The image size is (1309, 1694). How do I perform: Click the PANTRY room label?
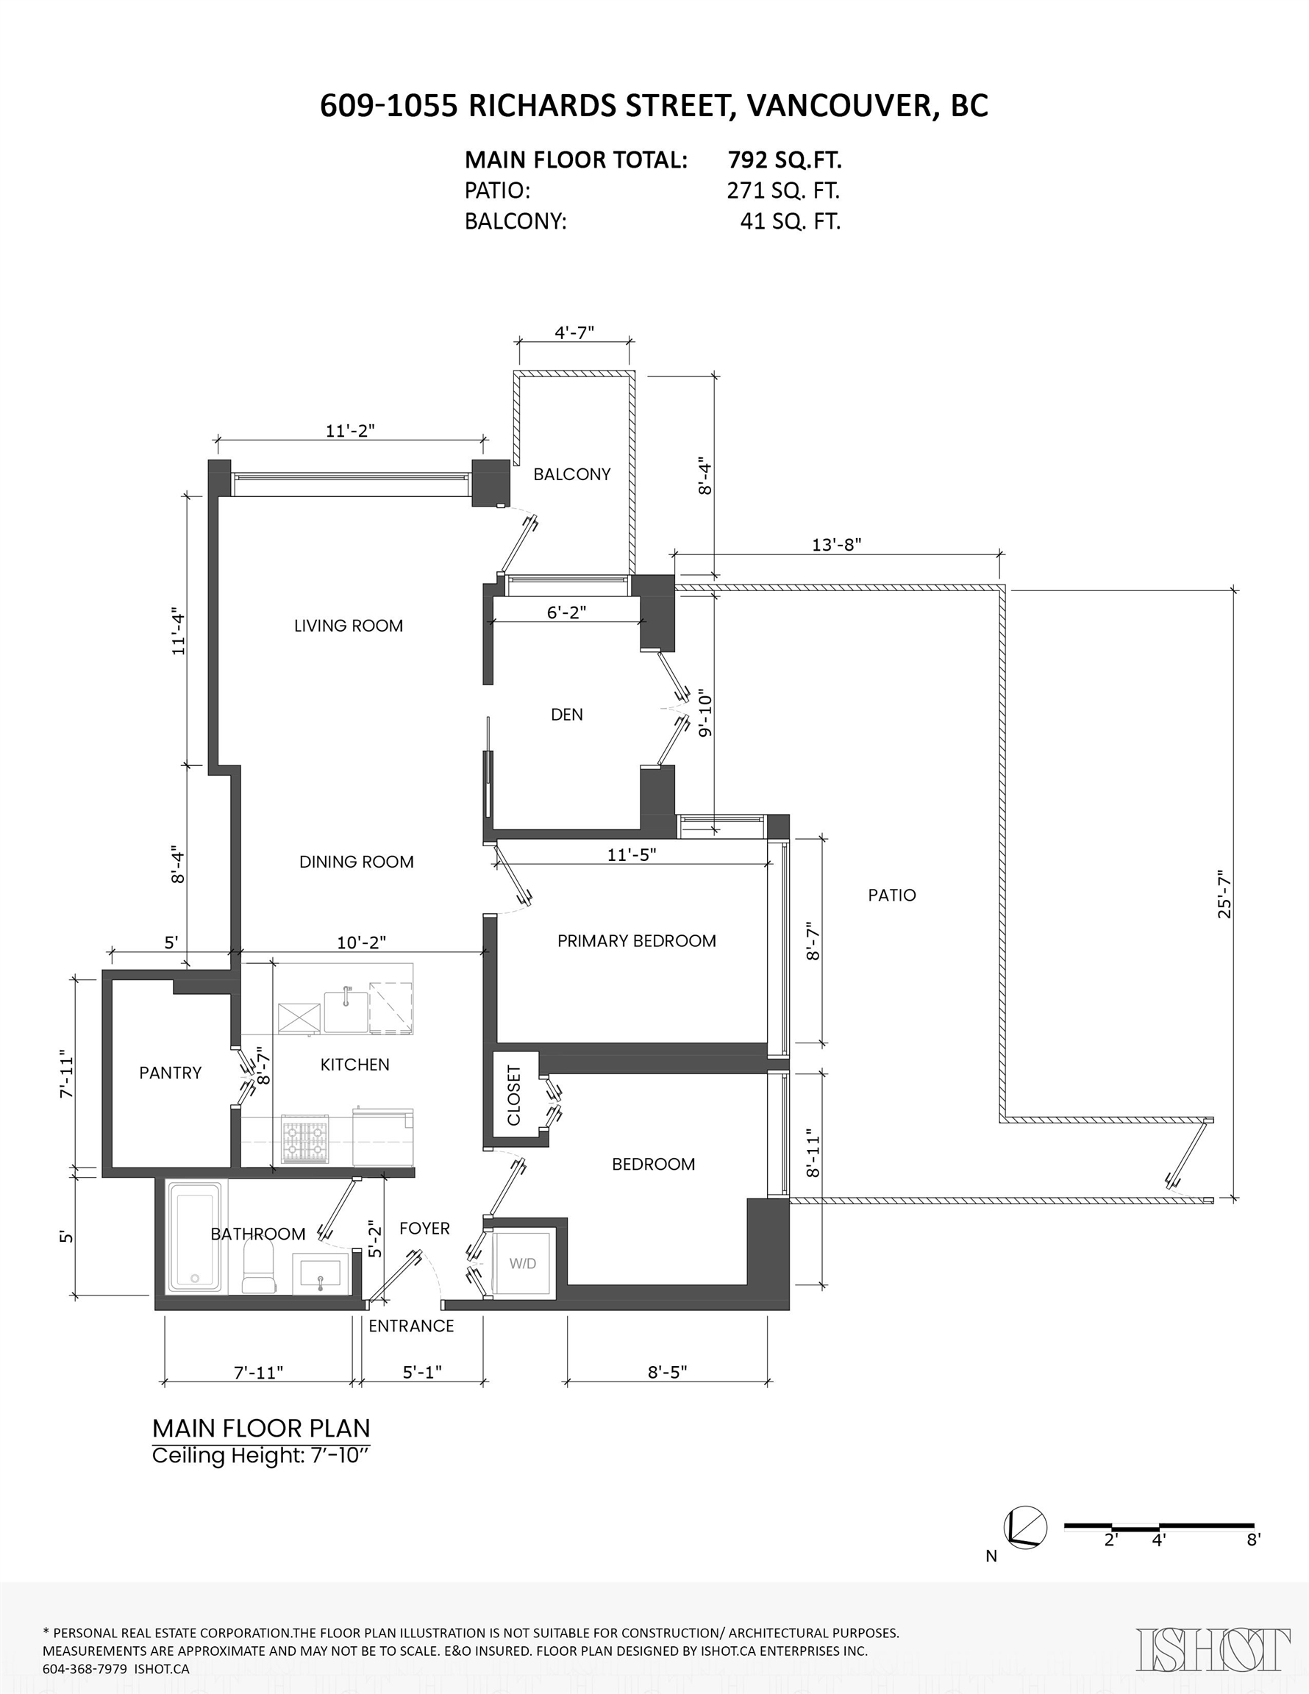pyautogui.click(x=170, y=1073)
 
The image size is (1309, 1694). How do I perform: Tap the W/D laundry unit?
pyautogui.click(x=522, y=1264)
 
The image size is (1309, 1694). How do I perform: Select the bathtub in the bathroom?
pyautogui.click(x=195, y=1237)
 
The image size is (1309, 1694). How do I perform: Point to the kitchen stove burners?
pyautogui.click(x=305, y=1140)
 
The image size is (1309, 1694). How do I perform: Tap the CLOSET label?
pyautogui.click(x=513, y=1096)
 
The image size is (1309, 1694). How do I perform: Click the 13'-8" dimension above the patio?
pyautogui.click(x=836, y=545)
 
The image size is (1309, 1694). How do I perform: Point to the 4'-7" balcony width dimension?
pyautogui.click(x=574, y=332)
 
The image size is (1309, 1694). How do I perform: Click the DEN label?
pyautogui.click(x=566, y=715)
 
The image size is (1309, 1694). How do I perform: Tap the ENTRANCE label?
pyautogui.click(x=411, y=1326)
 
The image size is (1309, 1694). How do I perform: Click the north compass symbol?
pyautogui.click(x=1025, y=1528)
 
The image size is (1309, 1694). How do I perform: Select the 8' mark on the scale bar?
pyautogui.click(x=1254, y=1540)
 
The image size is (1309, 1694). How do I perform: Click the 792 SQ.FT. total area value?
pyautogui.click(x=785, y=160)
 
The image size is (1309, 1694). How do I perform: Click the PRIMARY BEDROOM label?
pyautogui.click(x=636, y=941)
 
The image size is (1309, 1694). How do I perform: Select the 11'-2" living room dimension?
pyautogui.click(x=350, y=430)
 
